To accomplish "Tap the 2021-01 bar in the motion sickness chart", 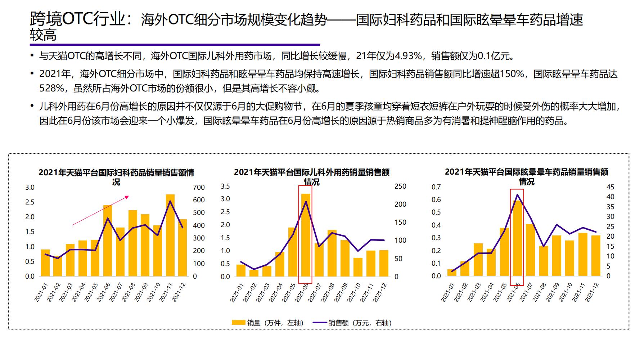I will click(x=451, y=273).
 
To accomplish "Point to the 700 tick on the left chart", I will click(x=199, y=187).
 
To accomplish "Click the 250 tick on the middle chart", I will click(x=400, y=186).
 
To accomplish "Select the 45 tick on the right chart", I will click(x=610, y=187).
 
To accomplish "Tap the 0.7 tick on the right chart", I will click(x=436, y=187).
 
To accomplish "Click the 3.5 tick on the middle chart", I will click(x=225, y=186).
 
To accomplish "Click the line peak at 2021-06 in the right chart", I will click(x=517, y=195).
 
